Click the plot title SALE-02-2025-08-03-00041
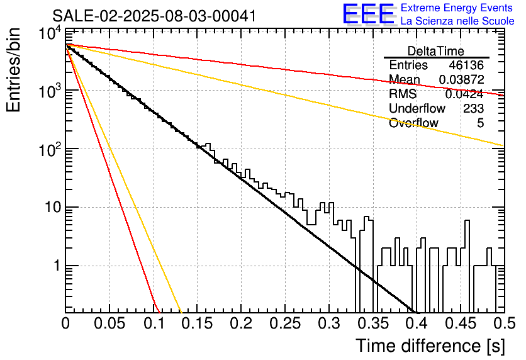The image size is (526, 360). click(154, 16)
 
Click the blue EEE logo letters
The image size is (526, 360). click(368, 14)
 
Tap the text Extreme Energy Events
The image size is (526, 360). click(457, 8)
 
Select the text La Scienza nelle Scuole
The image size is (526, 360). click(457, 21)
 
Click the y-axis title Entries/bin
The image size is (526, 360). click(13, 70)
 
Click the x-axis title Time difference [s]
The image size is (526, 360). click(430, 346)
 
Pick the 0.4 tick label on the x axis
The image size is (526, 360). click(417, 323)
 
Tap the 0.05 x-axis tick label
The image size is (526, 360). click(109, 323)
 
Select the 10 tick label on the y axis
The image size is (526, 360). click(53, 207)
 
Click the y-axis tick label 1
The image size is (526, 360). click(57, 266)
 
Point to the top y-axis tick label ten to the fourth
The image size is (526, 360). click(50, 33)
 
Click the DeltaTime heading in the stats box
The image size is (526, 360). click(436, 51)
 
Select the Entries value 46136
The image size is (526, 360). click(466, 65)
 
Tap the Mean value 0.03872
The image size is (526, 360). click(462, 79)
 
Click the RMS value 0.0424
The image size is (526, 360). click(464, 94)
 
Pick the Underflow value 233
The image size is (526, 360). click(473, 108)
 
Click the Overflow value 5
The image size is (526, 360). click(480, 123)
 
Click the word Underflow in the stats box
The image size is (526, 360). click(417, 108)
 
